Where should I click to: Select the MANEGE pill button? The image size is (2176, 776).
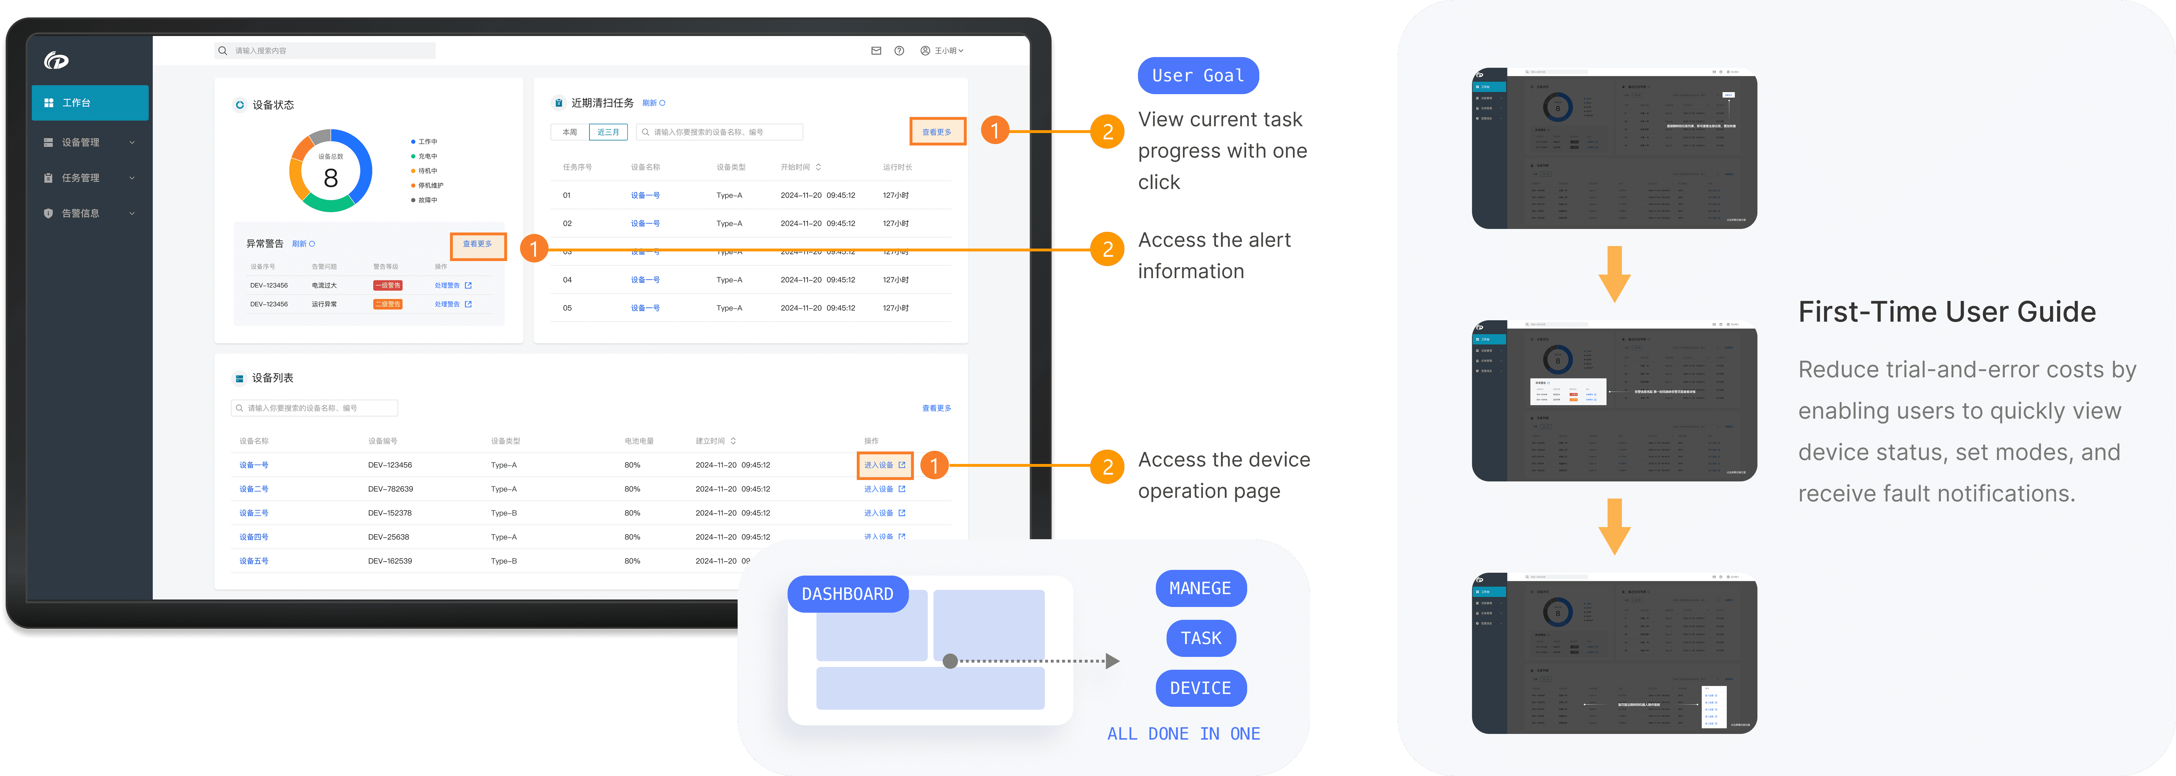(x=1200, y=588)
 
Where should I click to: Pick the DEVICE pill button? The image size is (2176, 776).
(x=1200, y=688)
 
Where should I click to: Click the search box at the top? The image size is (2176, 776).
(x=325, y=51)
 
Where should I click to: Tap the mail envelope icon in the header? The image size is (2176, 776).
(x=876, y=51)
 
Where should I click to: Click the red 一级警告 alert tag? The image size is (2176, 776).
(x=388, y=285)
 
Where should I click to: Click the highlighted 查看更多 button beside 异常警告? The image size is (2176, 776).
(x=477, y=244)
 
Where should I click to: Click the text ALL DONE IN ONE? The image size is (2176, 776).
(x=1183, y=734)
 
